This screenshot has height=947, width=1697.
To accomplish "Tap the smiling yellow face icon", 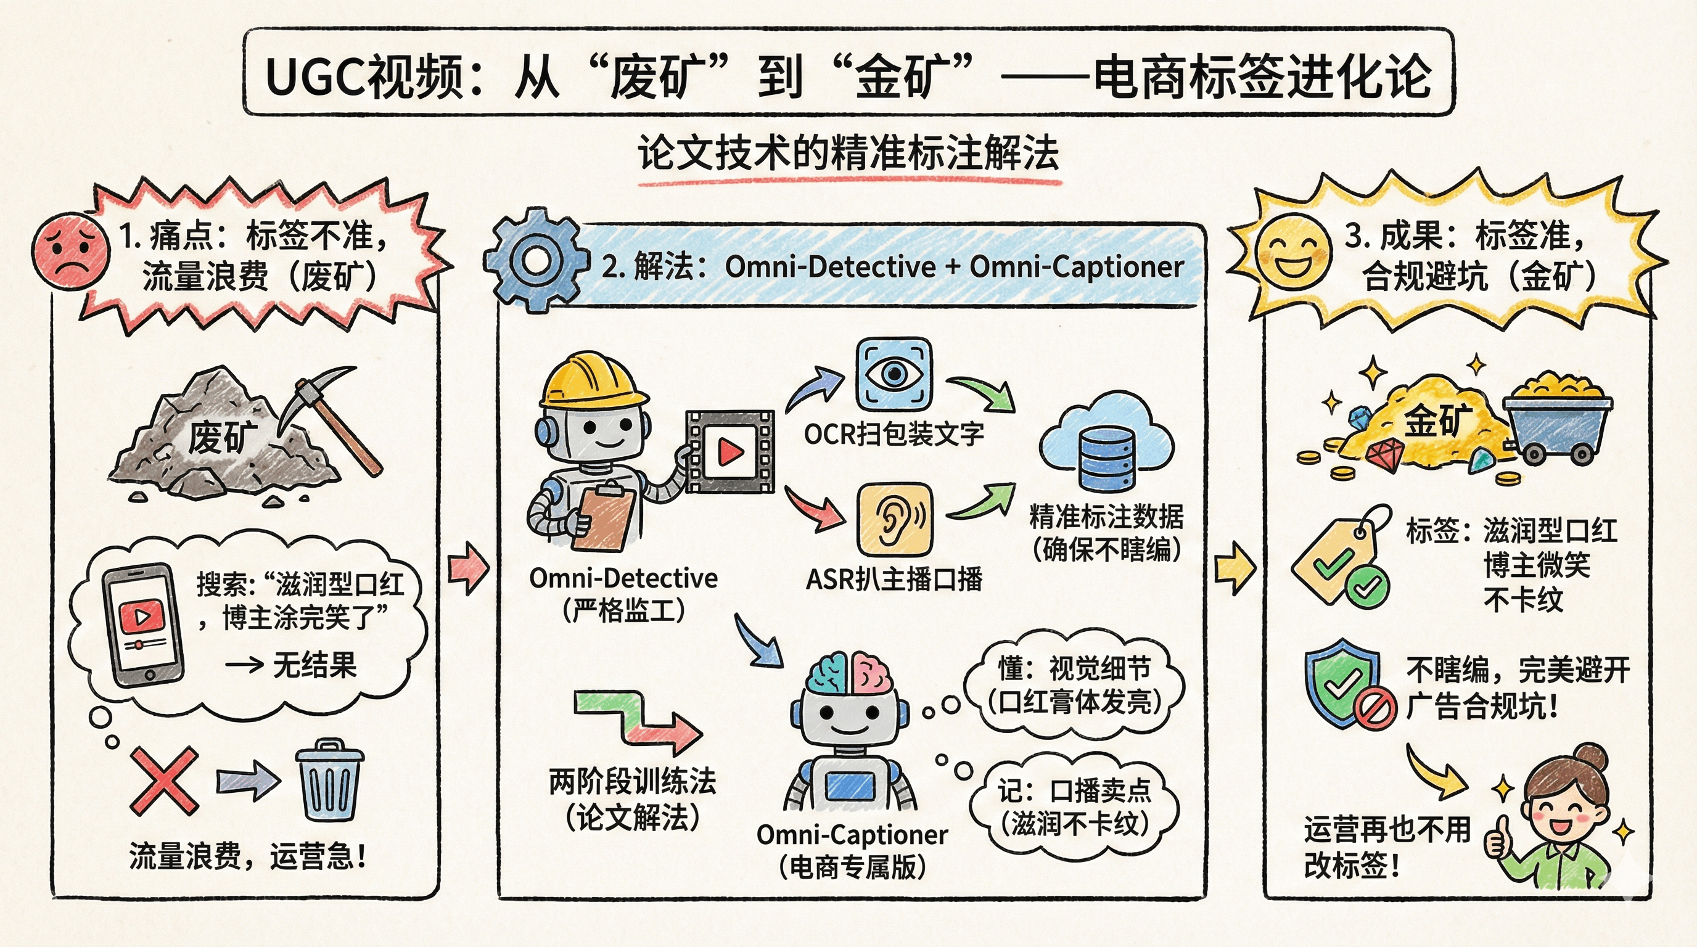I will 1291,250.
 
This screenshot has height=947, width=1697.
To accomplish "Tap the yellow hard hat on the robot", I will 592,380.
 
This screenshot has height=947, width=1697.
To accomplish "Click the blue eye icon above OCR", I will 894,375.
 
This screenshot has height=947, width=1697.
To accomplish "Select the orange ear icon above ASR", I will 894,520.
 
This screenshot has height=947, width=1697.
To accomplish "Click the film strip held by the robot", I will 730,452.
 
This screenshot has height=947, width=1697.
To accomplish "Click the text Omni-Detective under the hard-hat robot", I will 623,578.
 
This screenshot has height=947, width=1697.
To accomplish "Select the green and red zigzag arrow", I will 635,721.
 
